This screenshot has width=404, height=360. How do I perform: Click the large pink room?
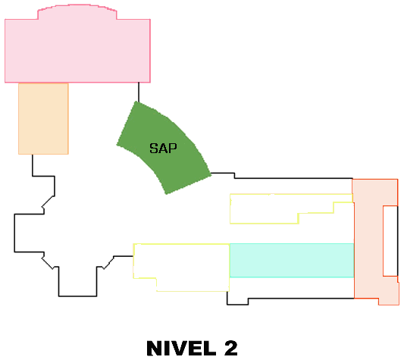click(77, 51)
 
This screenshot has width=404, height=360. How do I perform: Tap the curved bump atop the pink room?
click(77, 11)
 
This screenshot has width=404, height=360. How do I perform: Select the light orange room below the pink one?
click(43, 119)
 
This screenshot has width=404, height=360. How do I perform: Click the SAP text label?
click(164, 149)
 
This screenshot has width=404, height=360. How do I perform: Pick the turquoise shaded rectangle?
click(292, 260)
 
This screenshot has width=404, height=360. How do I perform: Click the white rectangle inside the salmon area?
click(390, 241)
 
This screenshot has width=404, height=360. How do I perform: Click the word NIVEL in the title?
click(181, 348)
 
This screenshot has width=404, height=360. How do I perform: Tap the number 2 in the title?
click(231, 348)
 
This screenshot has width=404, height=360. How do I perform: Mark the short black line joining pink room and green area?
click(139, 92)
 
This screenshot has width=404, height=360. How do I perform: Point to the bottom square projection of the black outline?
click(78, 281)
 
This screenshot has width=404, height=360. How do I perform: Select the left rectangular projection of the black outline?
click(29, 233)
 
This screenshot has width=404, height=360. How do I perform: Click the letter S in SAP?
click(154, 149)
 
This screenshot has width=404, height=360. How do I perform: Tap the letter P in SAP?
click(173, 149)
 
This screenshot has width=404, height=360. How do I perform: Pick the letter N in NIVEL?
click(155, 348)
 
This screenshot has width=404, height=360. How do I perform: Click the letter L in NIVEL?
click(210, 348)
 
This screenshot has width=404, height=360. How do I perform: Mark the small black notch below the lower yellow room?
click(237, 302)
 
